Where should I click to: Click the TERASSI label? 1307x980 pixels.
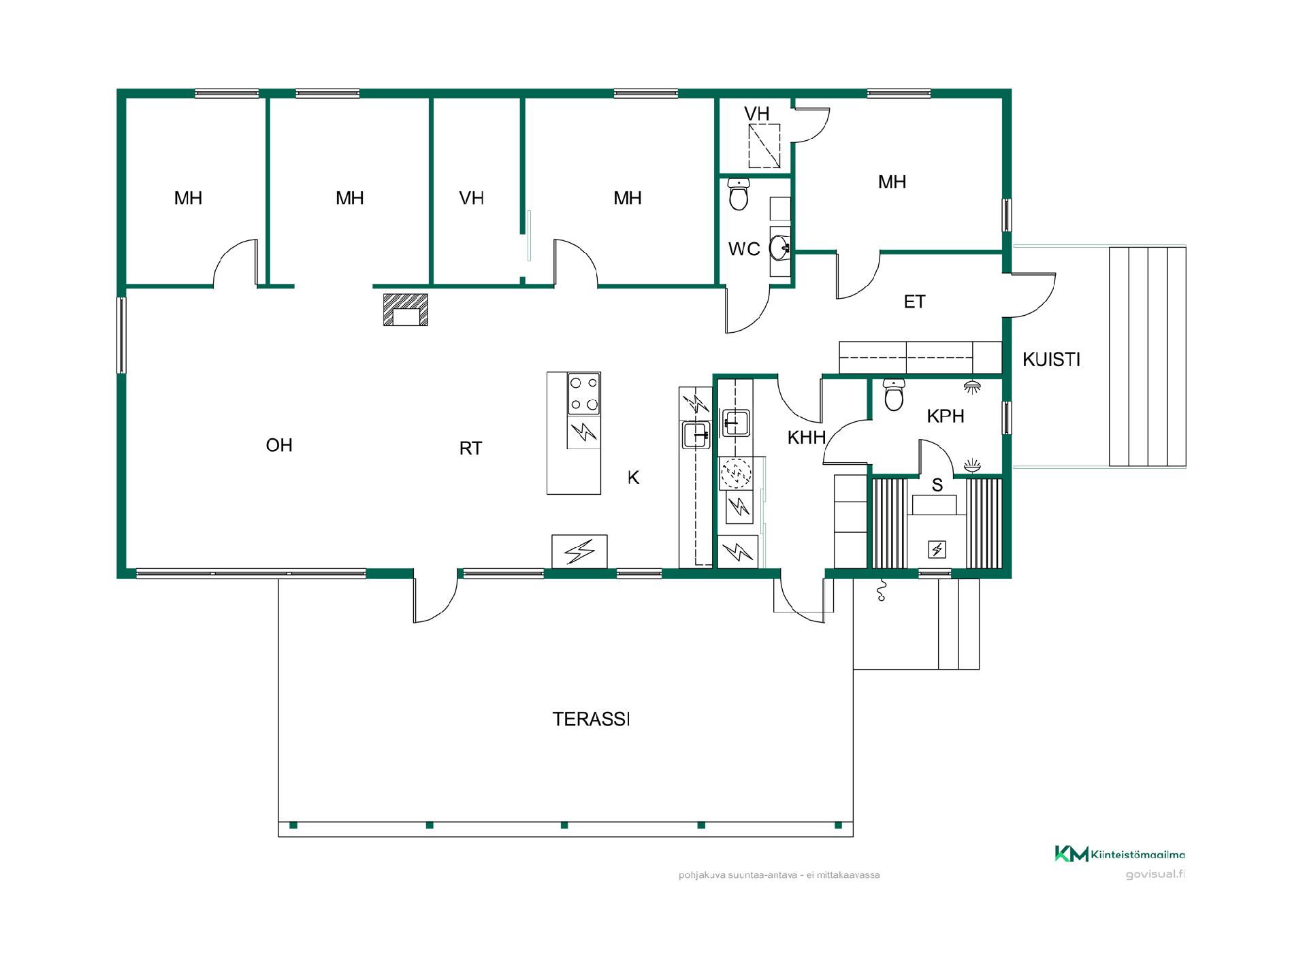(x=591, y=719)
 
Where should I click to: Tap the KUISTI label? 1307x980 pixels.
(x=1051, y=359)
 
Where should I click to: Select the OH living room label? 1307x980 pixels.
(x=279, y=445)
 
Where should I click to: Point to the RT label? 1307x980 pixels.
(x=470, y=448)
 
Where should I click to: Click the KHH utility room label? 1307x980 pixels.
(x=807, y=438)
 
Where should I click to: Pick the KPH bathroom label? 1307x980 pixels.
(x=946, y=416)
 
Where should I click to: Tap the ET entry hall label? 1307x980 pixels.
(x=914, y=301)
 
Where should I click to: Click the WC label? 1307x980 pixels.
(x=744, y=249)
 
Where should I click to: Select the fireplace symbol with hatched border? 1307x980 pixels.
(x=406, y=310)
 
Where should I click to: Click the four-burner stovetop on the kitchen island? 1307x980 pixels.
(x=584, y=393)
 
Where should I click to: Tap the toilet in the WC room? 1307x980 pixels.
(x=739, y=194)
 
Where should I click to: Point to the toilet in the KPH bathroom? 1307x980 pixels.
(x=894, y=395)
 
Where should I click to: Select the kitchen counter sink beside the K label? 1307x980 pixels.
(x=696, y=435)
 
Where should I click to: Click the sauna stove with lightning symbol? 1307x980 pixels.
(x=937, y=549)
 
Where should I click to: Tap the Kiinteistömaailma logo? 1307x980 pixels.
(x=1120, y=855)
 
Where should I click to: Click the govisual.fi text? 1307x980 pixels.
(x=1155, y=875)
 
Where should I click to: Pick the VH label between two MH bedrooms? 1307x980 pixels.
(x=472, y=198)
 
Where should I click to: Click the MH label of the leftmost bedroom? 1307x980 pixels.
(x=188, y=198)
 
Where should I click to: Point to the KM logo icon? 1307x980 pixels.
(x=1071, y=854)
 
